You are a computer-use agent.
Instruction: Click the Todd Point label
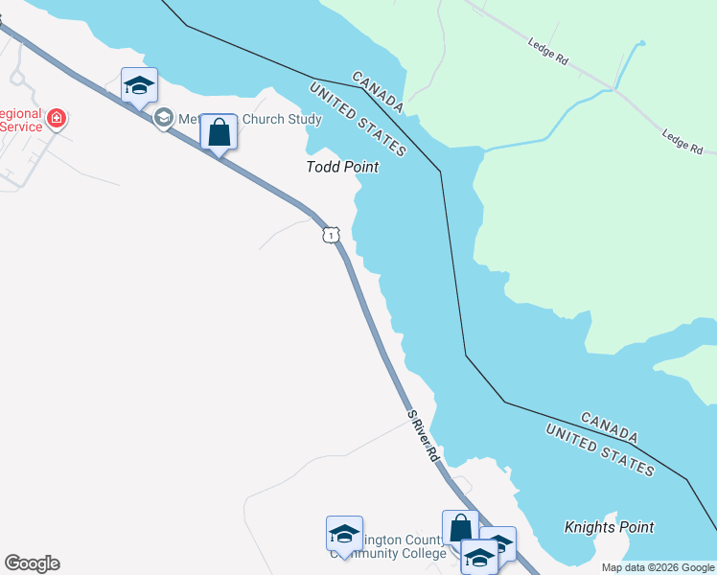pos(342,167)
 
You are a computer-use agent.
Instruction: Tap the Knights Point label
pos(609,527)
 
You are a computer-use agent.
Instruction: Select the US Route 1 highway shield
pos(330,235)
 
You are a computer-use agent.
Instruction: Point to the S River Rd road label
pos(423,437)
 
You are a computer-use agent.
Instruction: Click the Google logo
pos(32,563)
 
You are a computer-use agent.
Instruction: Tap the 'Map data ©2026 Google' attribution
pos(658,568)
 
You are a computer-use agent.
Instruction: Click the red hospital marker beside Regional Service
pos(58,120)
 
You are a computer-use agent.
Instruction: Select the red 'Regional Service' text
pos(21,120)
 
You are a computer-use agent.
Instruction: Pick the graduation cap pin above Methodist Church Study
pos(139,86)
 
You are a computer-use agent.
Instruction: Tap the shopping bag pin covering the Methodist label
pos(219,132)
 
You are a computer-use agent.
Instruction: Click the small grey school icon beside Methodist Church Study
pos(163,118)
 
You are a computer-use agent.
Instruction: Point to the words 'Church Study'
pos(283,120)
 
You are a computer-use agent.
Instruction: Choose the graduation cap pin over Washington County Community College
pos(344,534)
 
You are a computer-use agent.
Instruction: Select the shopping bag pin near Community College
pos(460,527)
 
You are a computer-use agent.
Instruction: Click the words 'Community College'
pos(390,553)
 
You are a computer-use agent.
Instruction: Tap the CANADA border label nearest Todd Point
pos(378,91)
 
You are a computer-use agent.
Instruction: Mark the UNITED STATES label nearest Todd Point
pos(358,119)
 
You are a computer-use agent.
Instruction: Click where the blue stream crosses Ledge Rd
pos(612,89)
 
